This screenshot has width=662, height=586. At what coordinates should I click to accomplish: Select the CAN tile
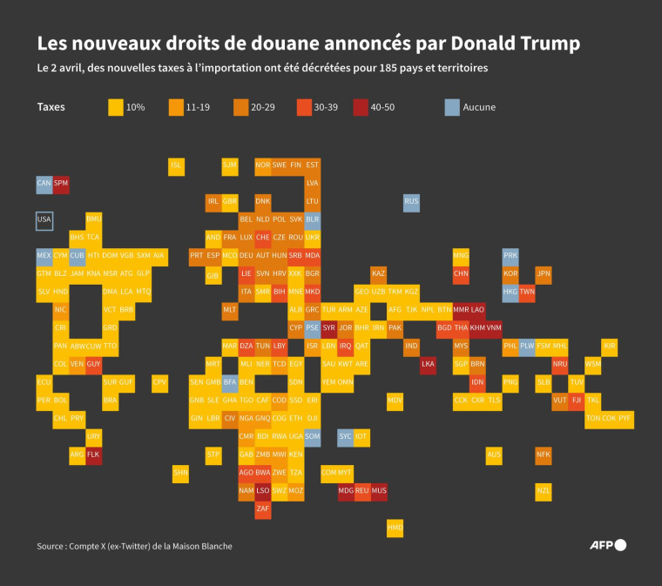point(44,184)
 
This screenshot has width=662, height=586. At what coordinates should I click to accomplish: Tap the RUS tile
point(411,202)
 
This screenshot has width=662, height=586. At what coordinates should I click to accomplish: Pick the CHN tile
point(461,273)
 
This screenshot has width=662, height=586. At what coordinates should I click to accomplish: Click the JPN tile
point(544,273)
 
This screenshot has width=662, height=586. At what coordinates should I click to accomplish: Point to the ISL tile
point(177,165)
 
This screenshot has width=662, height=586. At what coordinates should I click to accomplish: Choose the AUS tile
point(494,455)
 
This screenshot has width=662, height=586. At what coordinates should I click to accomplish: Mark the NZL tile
point(544,491)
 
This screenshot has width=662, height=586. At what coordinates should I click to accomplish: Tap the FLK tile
point(94,455)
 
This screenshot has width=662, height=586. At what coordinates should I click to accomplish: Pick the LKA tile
point(428,365)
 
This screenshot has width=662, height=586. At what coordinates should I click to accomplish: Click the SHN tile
point(181,473)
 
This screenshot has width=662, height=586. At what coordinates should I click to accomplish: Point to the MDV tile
point(395,401)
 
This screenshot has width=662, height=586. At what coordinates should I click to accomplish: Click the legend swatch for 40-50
point(361,107)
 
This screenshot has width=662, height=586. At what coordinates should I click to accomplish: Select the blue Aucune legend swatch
point(452,107)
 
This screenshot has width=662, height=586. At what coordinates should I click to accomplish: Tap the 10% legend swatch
point(116,107)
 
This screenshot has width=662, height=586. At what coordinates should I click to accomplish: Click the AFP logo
point(609,545)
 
